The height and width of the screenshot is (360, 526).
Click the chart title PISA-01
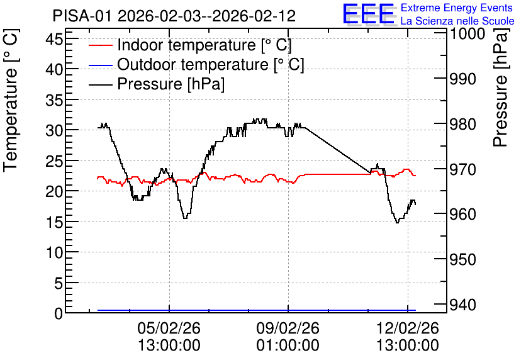pos(82,16)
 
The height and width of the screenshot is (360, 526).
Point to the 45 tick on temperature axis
pos(54,39)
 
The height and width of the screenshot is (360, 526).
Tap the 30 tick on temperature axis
pos(54,130)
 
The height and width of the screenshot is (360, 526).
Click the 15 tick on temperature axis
pos(54,222)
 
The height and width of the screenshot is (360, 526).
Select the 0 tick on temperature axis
pos(59,313)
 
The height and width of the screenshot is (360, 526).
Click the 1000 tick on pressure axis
pos(467,34)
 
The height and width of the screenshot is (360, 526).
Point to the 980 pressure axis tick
pos(463,125)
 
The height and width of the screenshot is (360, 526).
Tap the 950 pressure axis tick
pos(463,259)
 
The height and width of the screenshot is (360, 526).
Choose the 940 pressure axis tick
pos(463,305)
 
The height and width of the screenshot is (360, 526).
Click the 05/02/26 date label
pos(169,328)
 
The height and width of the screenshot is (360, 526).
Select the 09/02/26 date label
pos(288,328)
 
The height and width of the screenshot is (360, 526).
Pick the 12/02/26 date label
pos(408,328)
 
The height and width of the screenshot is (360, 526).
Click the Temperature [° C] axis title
pos(11,100)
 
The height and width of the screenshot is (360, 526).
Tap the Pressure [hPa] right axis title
pos(501,87)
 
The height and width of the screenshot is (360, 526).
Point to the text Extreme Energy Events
pos(457,8)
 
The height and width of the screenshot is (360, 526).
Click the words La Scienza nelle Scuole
pos(457,21)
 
